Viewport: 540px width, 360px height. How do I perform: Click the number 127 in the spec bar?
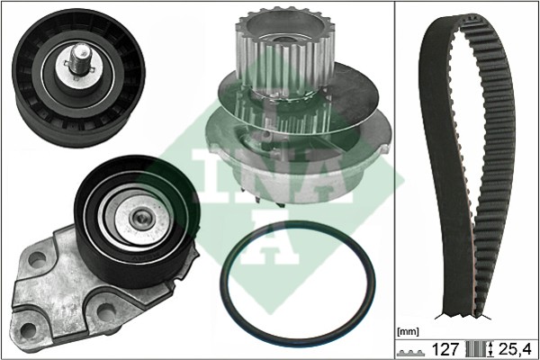click(x=445, y=349)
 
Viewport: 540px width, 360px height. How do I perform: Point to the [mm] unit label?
click(x=408, y=332)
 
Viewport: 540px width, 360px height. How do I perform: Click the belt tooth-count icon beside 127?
click(x=412, y=353)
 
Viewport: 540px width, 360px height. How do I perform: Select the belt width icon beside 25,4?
click(x=480, y=349)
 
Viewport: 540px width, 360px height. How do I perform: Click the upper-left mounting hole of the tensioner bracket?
click(x=37, y=258)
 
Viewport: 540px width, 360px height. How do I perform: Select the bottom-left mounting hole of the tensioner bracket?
click(x=28, y=330)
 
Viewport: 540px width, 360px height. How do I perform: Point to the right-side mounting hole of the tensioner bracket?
click(x=105, y=311)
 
